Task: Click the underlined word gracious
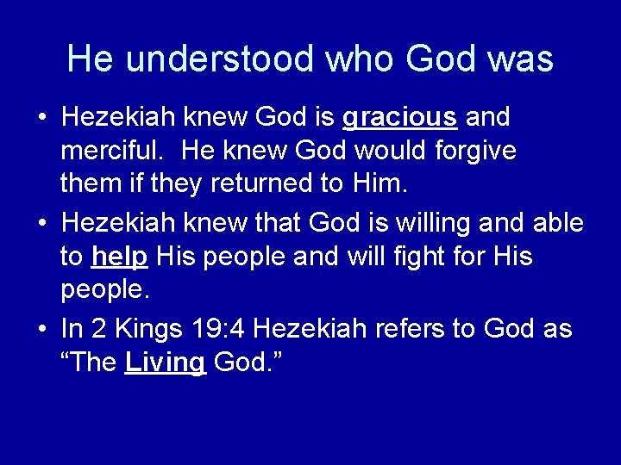pyautogui.click(x=399, y=118)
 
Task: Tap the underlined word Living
pyautogui.click(x=165, y=363)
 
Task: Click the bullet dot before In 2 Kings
pyautogui.click(x=43, y=329)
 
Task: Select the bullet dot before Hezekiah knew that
pyautogui.click(x=43, y=224)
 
